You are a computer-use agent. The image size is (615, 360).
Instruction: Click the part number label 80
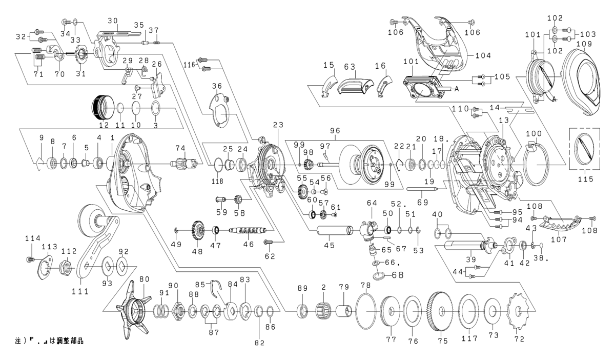[144, 279]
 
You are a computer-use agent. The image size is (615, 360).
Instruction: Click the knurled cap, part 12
[101, 107]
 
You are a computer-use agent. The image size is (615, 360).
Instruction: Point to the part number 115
[585, 179]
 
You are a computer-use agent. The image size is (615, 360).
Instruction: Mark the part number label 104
[483, 55]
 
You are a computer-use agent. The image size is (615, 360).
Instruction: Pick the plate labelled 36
[220, 109]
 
